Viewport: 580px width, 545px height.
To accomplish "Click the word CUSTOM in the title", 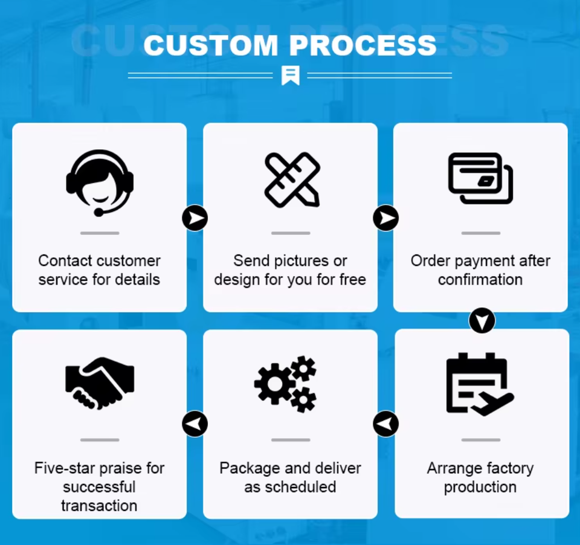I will [x=211, y=45].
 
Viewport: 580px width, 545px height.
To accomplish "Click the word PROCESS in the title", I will [x=362, y=45].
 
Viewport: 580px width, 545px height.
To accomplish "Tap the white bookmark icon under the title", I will [x=290, y=76].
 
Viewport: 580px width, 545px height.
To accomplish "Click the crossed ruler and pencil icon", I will [x=292, y=179].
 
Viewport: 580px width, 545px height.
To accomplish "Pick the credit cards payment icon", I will [x=481, y=178].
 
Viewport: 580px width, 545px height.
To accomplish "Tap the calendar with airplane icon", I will [x=480, y=385].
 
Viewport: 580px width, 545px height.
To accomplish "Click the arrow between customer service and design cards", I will [x=195, y=218].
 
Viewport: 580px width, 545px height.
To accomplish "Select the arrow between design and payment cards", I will [x=385, y=218].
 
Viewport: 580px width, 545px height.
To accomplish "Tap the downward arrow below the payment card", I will [x=482, y=321].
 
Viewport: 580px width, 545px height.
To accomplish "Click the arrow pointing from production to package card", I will [x=385, y=424].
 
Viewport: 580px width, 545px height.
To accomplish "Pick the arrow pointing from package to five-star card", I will [x=195, y=424].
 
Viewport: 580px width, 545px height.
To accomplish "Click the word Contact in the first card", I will [x=62, y=261].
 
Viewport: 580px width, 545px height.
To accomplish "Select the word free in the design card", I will [x=352, y=280].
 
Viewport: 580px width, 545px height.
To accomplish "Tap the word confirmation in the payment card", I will [x=480, y=280].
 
